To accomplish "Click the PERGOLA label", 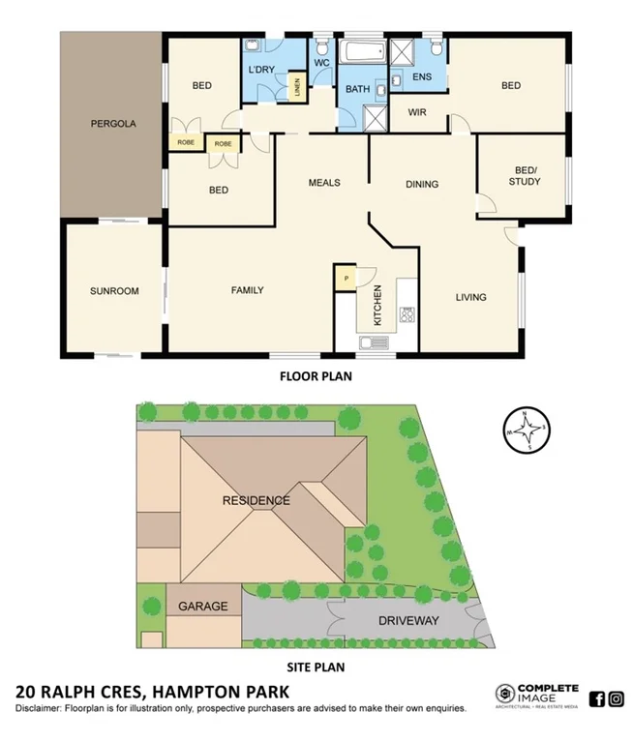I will point(113,124).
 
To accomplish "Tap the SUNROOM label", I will point(114,290).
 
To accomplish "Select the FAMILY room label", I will point(247,289).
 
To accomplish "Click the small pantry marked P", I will point(345,278).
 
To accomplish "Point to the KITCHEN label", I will point(378,305).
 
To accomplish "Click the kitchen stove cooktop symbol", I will point(407,313).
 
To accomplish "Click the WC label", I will point(322,64).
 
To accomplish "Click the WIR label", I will point(417,112).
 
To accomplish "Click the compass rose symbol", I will point(527,430).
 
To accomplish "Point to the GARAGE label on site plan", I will point(202,607).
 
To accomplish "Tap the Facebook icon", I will point(596,698).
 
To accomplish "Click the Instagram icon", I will point(617,698).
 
